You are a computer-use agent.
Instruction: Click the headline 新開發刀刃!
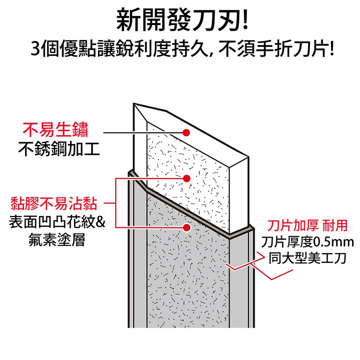[x=183, y=20]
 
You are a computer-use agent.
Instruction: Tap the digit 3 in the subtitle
[x=36, y=49]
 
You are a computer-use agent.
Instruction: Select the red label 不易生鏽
[x=55, y=130]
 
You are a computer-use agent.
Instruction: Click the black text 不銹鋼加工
[x=59, y=149]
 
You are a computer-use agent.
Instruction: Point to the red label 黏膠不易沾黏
[x=54, y=203]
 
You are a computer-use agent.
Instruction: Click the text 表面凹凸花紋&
[x=57, y=222]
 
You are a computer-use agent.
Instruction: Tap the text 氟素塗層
[x=57, y=240]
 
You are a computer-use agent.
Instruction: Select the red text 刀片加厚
[x=293, y=225]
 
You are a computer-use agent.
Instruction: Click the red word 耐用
[x=335, y=225]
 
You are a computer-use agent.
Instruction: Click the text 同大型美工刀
[x=307, y=258]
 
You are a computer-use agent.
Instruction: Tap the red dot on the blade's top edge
[x=186, y=132]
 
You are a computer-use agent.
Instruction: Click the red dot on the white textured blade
[x=187, y=178]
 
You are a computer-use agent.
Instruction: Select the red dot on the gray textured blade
[x=187, y=228]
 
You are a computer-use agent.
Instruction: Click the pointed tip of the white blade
[x=134, y=103]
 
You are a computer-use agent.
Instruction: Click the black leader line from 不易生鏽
[x=143, y=132]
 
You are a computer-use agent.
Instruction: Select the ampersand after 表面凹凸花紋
[x=100, y=222]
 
